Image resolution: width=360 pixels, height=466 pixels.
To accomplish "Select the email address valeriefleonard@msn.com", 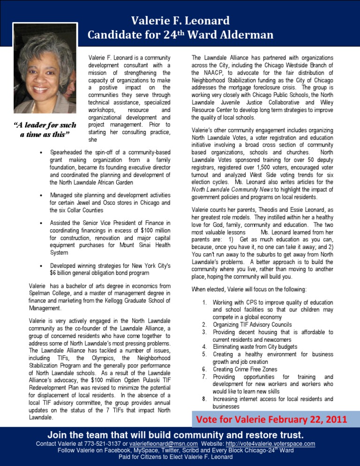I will [159, 443].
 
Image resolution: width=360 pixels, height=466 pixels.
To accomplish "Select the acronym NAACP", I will [215, 73].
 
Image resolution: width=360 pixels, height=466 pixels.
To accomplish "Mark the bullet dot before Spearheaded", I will [42, 153].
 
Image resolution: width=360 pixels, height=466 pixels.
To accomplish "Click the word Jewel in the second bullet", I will [87, 203].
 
